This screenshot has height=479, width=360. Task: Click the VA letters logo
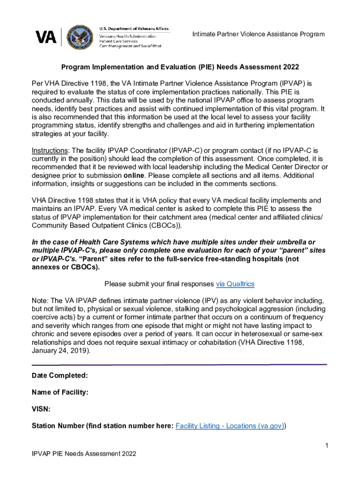[x=46, y=37]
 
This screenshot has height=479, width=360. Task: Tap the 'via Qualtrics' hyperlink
[x=235, y=284]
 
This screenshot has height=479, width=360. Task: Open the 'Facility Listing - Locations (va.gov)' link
[x=230, y=426]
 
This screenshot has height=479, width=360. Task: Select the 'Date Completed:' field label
[x=59, y=376]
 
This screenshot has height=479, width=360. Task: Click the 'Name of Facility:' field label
[x=60, y=392]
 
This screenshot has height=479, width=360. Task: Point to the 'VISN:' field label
[x=41, y=409]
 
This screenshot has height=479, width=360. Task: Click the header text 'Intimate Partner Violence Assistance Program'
[x=259, y=35]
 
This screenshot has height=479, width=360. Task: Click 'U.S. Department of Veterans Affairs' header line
[x=134, y=29]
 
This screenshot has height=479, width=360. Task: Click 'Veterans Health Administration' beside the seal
[x=128, y=36]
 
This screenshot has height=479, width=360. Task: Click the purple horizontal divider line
[x=179, y=364]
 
